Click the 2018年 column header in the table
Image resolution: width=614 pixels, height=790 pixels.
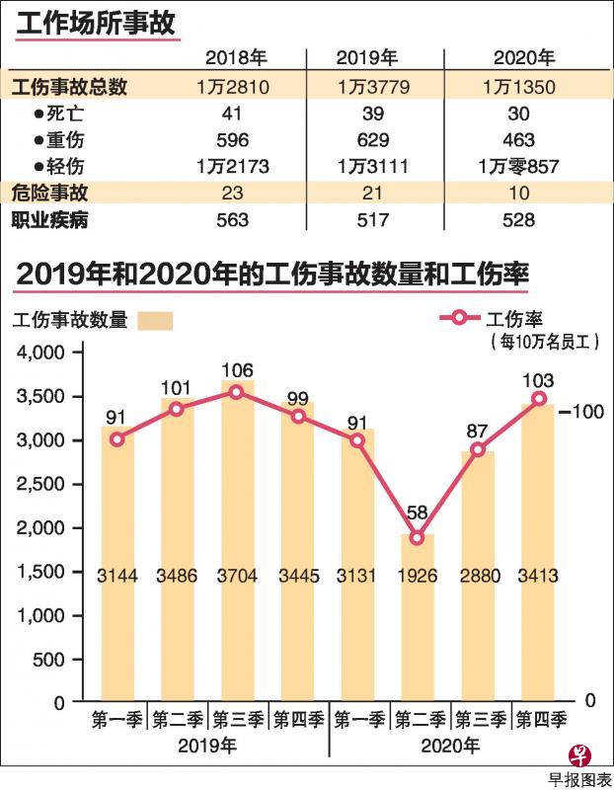point(232,57)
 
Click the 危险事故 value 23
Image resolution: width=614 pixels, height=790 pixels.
point(233,193)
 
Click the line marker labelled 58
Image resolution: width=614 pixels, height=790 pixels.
point(418,537)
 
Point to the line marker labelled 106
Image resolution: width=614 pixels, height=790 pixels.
point(237,392)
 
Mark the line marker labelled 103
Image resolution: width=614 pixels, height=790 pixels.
point(539,398)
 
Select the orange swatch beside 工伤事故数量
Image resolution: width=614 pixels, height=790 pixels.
point(155,320)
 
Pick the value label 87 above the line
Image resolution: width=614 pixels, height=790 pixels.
point(478,430)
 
